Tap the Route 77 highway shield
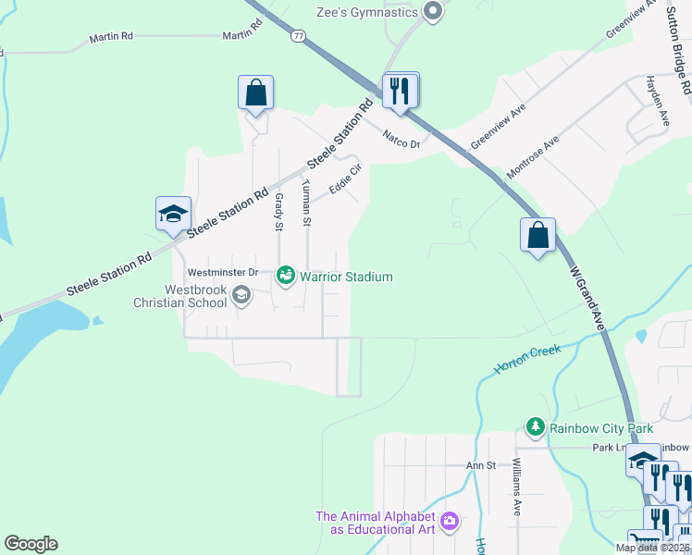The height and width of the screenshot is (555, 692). pos(297,36)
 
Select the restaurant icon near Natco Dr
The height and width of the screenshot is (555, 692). pos(401,91)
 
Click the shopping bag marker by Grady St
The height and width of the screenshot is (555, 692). pos(256,93)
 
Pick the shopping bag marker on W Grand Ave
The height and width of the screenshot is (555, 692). pos(538,236)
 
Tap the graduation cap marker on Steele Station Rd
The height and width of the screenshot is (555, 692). pos(173,215)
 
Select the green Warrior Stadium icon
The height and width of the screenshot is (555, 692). pos(286,276)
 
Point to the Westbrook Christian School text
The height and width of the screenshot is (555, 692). pos(180,296)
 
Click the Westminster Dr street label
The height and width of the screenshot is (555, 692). pos(222,273)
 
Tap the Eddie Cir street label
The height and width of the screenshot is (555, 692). pos(344,179)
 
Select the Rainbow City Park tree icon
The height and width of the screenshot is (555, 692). pos(535,426)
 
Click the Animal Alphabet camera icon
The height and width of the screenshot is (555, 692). pos(451,522)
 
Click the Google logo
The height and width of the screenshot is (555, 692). pos(31,544)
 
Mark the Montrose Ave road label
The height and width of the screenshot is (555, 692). pos(533,158)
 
